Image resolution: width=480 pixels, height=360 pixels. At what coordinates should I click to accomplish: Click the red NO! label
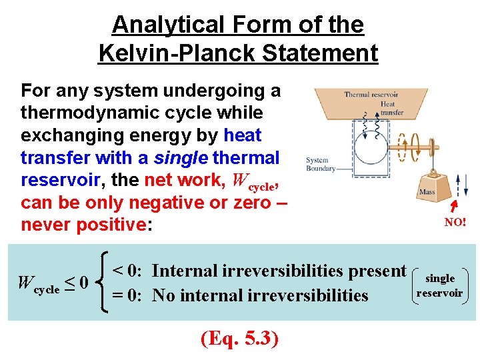455,223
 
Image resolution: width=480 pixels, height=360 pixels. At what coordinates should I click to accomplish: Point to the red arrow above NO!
455,203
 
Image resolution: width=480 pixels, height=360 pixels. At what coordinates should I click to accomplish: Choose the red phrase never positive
83,225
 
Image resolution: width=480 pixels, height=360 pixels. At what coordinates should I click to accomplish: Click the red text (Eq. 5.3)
239,339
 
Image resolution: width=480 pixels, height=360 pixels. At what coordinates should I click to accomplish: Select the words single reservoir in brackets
439,285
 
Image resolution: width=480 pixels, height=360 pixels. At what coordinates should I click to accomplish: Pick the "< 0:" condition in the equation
127,271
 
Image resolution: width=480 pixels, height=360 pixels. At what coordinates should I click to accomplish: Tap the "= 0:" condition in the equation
127,295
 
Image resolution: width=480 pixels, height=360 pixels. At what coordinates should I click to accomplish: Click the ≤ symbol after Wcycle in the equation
69,283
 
